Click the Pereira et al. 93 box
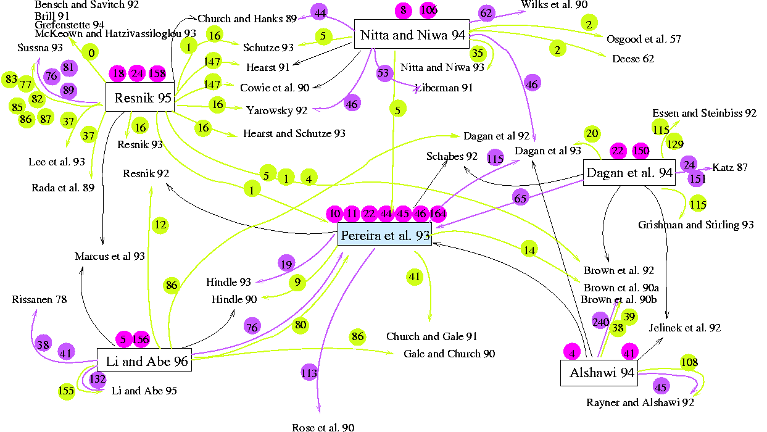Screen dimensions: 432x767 (384, 235)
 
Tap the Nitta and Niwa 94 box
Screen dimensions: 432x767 (412, 35)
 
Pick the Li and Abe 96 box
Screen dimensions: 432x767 (144, 362)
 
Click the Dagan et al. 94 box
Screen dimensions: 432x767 (629, 173)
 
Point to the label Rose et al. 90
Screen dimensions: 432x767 (323, 426)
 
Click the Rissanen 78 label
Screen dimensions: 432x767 (39, 300)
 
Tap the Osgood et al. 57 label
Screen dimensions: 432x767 (644, 39)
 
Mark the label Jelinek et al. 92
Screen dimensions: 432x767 (684, 328)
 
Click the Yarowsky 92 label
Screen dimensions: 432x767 (276, 110)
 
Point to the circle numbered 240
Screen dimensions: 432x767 (601, 322)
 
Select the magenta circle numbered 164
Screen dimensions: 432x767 (437, 214)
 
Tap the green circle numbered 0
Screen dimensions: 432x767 (91, 53)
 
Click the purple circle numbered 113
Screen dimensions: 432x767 (309, 373)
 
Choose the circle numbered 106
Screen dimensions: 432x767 (428, 10)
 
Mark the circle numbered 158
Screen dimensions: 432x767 (157, 73)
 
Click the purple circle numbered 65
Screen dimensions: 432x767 (521, 198)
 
